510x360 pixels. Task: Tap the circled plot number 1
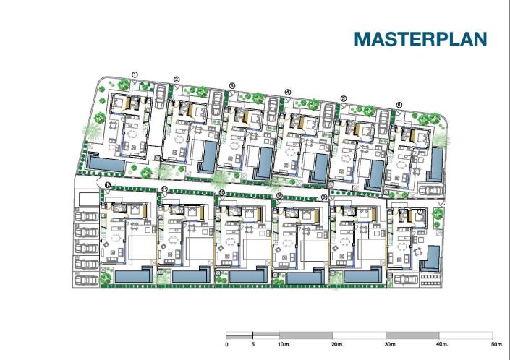(x=135, y=72)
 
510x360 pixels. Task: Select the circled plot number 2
(x=177, y=80)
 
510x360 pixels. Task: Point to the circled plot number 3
(x=231, y=85)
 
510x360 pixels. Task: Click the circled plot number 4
(x=287, y=92)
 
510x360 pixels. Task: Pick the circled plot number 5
(x=343, y=98)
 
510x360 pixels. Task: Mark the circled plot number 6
(x=399, y=104)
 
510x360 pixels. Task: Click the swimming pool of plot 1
(x=104, y=166)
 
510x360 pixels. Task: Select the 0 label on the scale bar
(x=226, y=345)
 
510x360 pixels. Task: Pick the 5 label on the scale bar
(x=252, y=345)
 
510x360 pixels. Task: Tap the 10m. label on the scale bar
(x=282, y=345)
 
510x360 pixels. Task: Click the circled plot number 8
(x=324, y=196)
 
